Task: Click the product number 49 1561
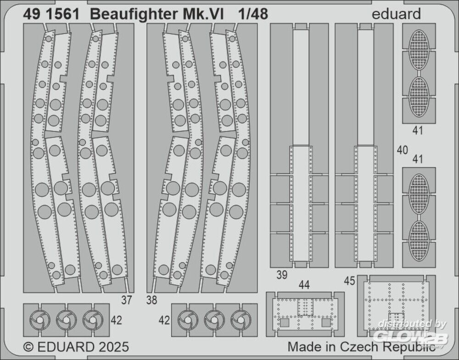[x=50, y=14]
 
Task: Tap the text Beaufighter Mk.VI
[x=157, y=14]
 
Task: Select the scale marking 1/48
[x=253, y=14]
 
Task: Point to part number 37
[x=127, y=301]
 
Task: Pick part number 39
[x=282, y=275]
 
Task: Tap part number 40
[x=403, y=150]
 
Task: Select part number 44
[x=304, y=285]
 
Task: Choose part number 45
[x=349, y=281]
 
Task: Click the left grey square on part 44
[x=285, y=322]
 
